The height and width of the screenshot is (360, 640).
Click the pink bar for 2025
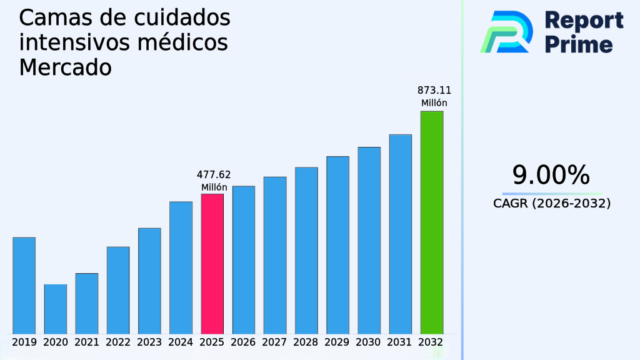coord(212,263)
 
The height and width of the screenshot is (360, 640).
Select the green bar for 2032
coord(431,222)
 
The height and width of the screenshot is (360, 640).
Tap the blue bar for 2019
coord(24,285)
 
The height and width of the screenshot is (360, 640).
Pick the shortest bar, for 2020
coord(55,309)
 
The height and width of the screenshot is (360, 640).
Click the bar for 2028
coord(306,250)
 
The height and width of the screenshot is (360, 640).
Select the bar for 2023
coord(149,281)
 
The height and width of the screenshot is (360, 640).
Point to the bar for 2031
coord(400,234)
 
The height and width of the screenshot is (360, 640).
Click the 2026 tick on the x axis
coord(243,342)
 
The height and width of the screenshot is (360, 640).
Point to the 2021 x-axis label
coord(86,342)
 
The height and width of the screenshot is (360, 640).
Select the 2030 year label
coord(369,342)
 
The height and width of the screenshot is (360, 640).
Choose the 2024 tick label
coord(181,342)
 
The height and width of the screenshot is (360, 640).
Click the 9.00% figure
coord(551,176)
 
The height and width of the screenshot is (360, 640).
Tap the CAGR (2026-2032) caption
coord(551,203)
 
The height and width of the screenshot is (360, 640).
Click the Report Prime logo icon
coord(506,31)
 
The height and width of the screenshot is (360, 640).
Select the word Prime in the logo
coord(579,44)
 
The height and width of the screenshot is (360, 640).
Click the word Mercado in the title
coord(65,67)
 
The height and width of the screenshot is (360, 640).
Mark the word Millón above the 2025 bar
coord(214,187)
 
